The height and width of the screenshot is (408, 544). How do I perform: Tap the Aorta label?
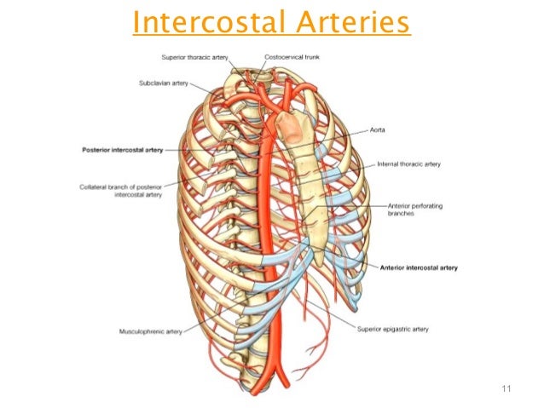pos(380,130)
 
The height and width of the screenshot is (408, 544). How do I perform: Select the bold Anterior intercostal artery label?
pos(418,267)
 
